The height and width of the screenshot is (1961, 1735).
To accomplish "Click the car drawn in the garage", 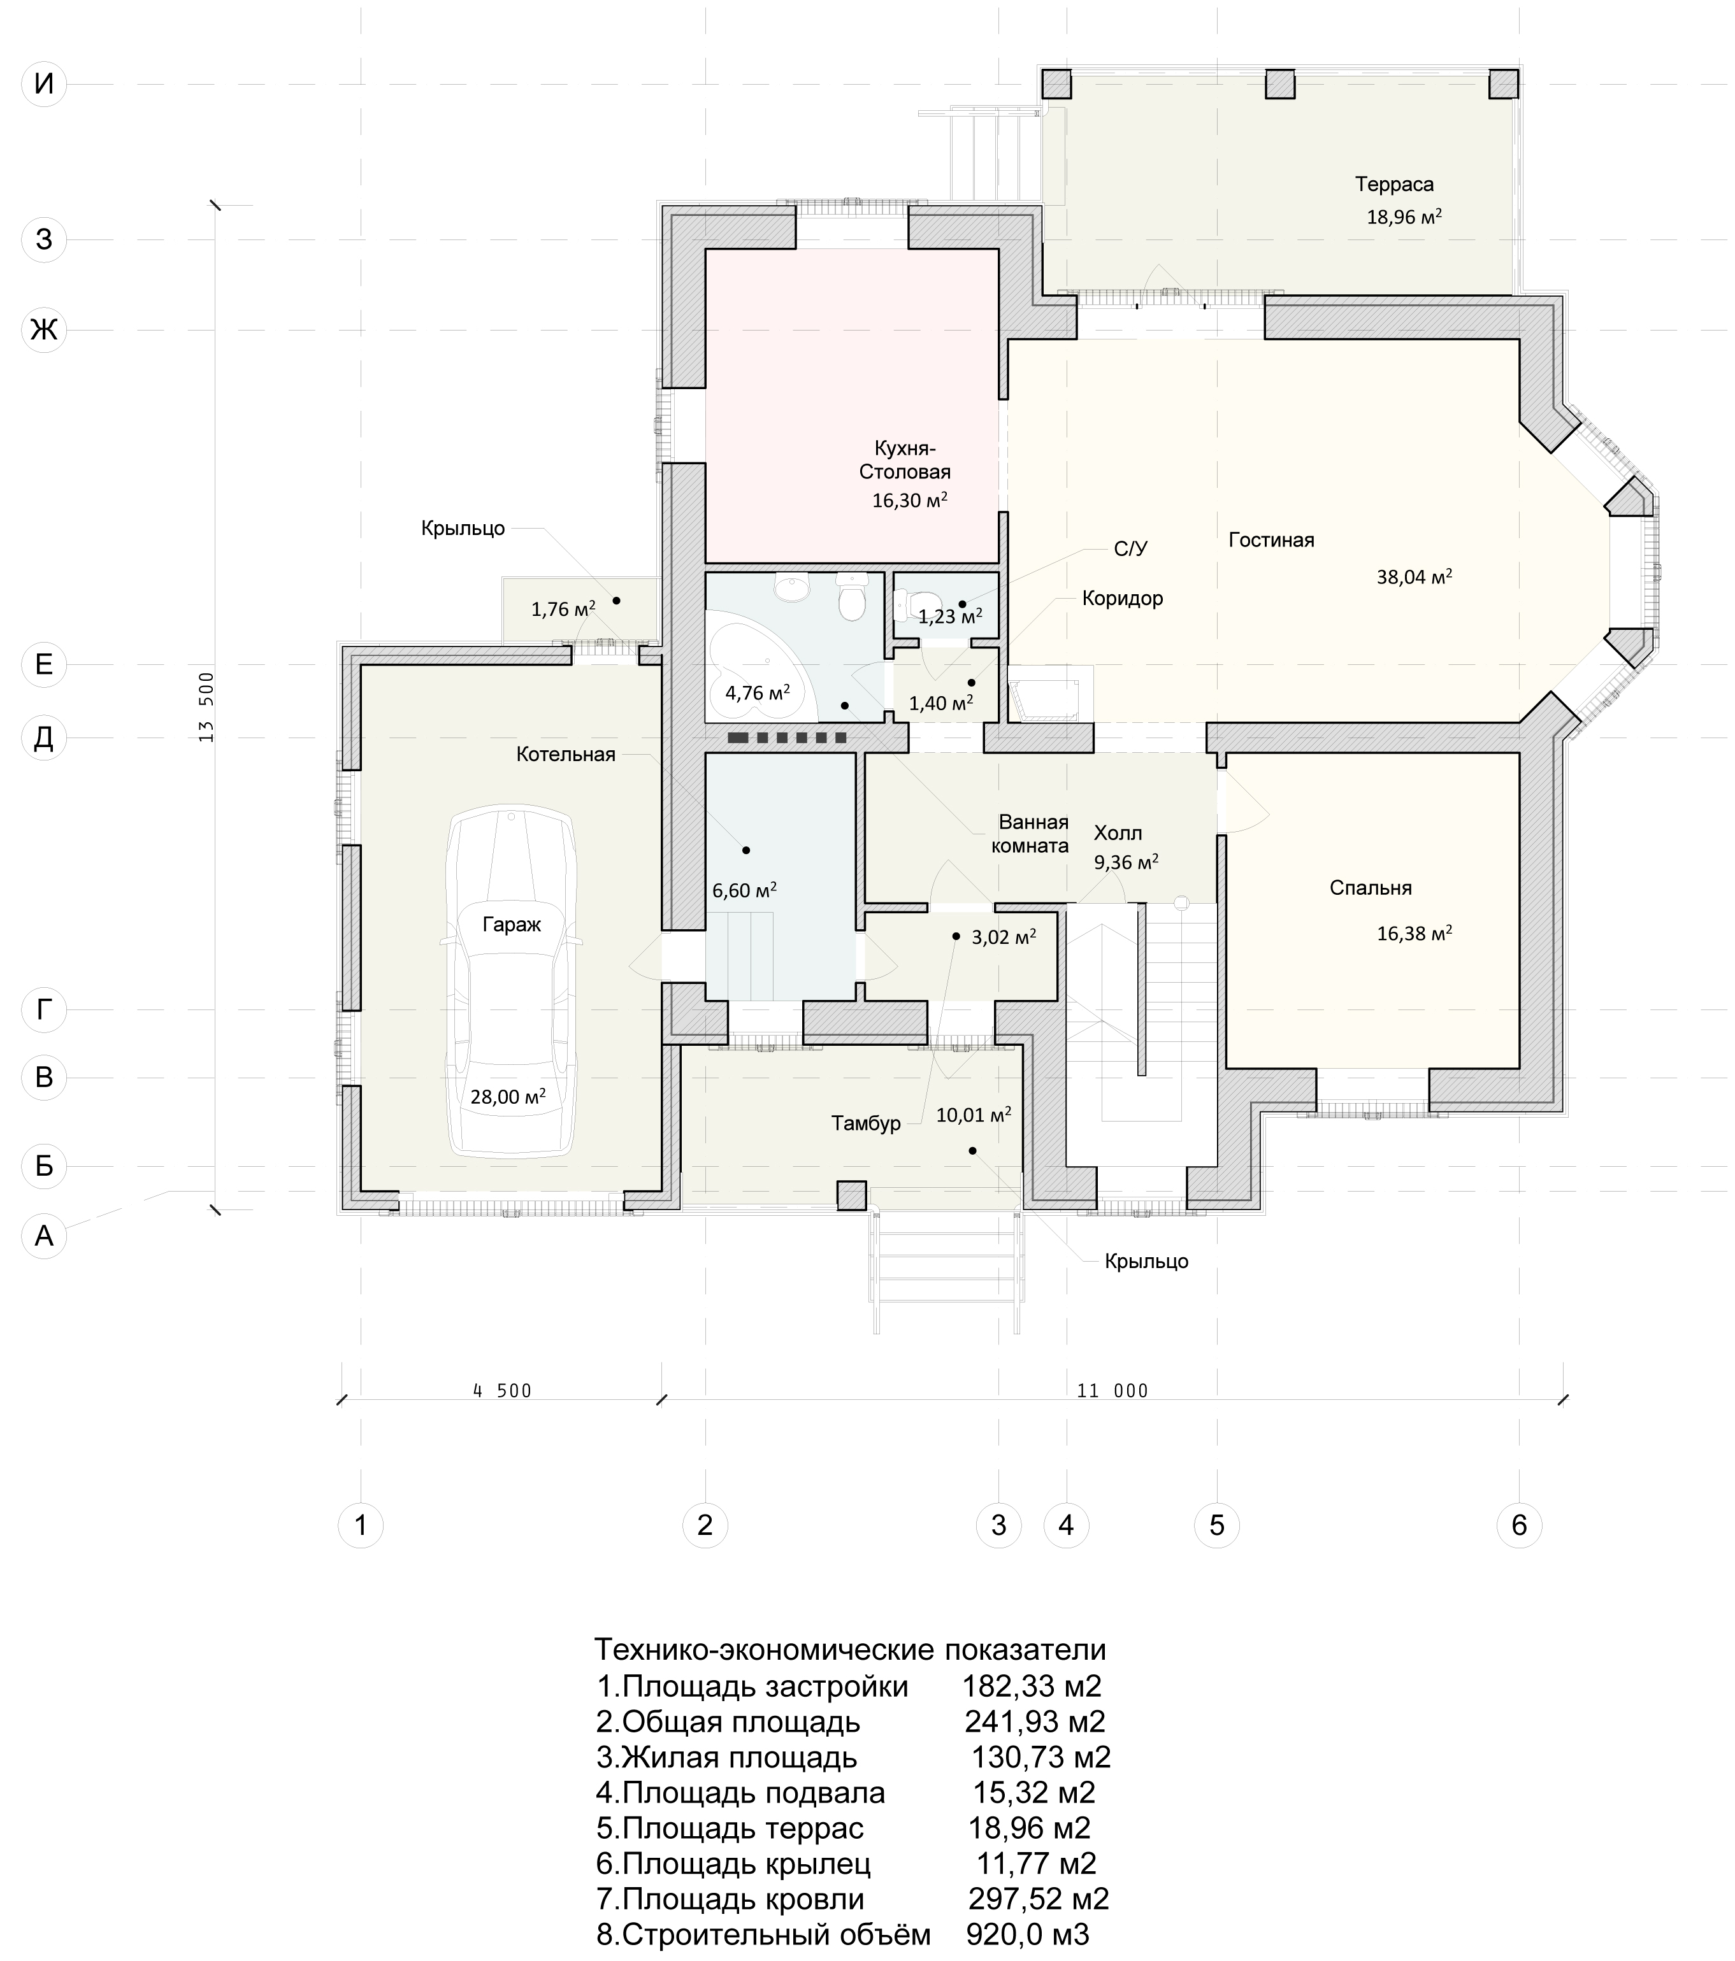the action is click(510, 983).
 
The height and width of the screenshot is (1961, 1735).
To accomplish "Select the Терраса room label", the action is click(1394, 184).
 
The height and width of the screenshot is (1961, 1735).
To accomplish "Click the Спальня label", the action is click(1371, 888).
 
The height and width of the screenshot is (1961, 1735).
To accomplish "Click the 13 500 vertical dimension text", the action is click(206, 707).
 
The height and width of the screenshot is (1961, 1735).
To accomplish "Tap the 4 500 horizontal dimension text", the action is click(502, 1391).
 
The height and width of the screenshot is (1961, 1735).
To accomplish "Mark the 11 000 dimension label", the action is click(1112, 1391).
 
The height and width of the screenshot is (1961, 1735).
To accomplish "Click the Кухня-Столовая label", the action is click(905, 460).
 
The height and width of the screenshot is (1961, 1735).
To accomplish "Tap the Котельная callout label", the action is click(565, 754).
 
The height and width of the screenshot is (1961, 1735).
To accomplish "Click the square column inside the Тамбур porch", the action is click(852, 1195).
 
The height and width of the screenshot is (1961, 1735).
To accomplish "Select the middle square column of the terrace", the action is click(1279, 85).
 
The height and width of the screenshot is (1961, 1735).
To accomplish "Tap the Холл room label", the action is click(1118, 833).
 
